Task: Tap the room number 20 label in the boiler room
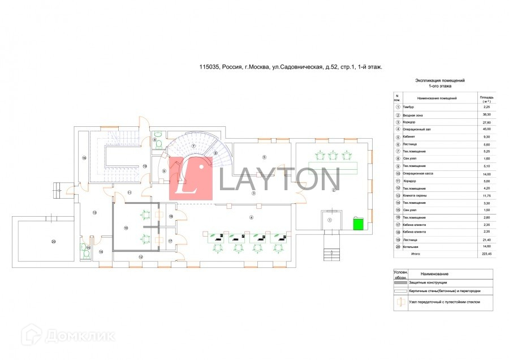coord(54,242)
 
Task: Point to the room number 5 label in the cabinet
coord(264,156)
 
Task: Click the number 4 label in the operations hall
coord(252,216)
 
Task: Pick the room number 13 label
coord(94,212)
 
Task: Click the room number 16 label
coord(84,158)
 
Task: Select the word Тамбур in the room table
coord(409,107)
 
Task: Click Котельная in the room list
coord(411,247)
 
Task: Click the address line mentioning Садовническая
coord(291,67)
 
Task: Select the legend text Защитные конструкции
coord(428,282)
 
